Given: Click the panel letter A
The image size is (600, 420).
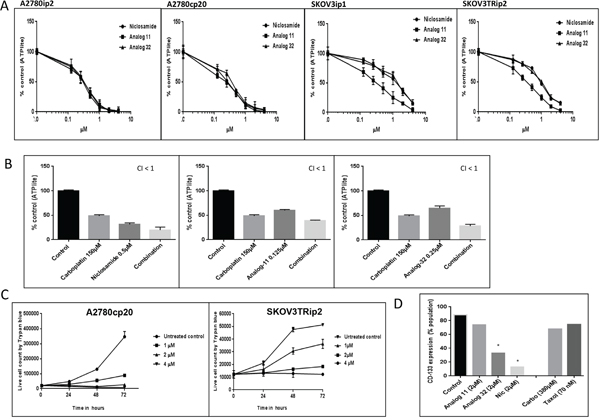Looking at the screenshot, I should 6,6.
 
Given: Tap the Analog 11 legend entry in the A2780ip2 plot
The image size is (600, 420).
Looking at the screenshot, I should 123,35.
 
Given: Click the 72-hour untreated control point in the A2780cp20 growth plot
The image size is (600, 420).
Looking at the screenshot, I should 122,335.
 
